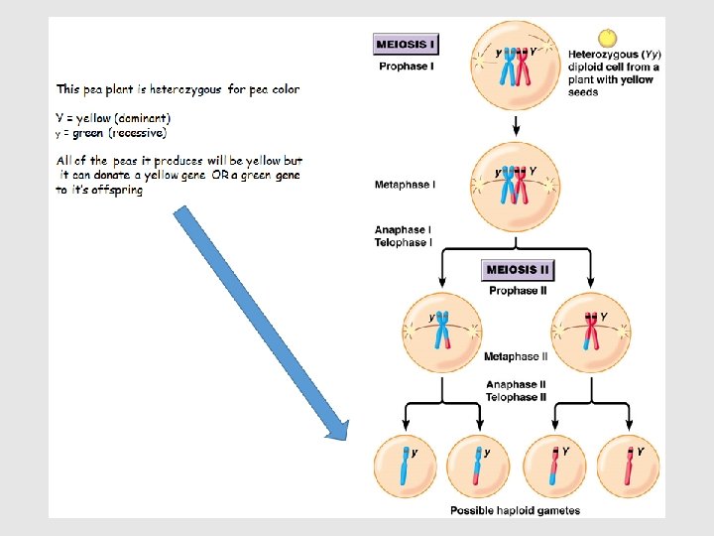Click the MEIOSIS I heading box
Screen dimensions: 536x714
coord(405,44)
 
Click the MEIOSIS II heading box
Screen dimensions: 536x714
coord(518,270)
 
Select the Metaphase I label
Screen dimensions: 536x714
coord(405,185)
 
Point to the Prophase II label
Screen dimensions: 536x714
coord(518,291)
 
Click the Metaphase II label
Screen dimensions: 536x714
coord(516,356)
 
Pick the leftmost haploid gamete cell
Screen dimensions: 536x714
coord(404,466)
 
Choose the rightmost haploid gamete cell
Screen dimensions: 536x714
coord(629,466)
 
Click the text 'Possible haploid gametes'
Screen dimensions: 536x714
coord(515,510)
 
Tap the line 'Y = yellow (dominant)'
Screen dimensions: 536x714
coord(120,118)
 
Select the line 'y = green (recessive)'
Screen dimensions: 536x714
coord(111,132)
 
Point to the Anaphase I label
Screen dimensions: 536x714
coord(403,230)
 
